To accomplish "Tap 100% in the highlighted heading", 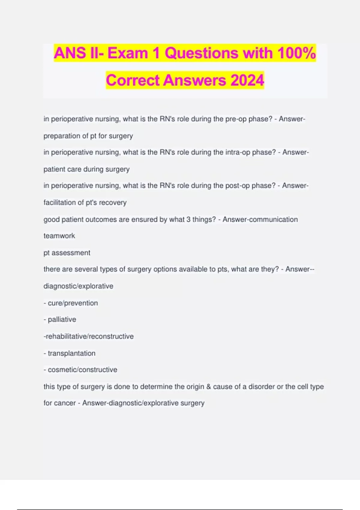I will coord(296,53).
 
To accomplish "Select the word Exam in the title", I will coord(127,53).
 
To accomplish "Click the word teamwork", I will coord(59,236).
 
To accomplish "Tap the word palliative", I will coord(62,319).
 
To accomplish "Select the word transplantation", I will coord(71,353).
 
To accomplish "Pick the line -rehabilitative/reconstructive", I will coord(89,336).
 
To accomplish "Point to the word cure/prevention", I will coord(73,303).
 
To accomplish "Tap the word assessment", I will coord(71,253).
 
